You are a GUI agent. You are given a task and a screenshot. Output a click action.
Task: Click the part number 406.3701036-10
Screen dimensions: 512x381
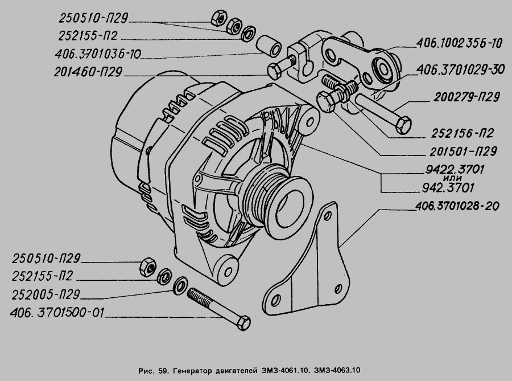coord(98,54)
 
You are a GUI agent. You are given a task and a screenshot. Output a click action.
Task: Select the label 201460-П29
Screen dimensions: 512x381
coord(88,72)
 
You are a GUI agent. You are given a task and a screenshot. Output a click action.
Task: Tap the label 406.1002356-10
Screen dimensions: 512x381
coord(459,43)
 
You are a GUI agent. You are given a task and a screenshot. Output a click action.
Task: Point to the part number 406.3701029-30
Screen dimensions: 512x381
coord(461,69)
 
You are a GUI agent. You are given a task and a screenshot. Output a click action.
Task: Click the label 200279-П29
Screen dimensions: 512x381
coord(466,97)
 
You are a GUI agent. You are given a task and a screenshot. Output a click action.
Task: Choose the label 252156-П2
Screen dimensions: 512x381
coord(462,133)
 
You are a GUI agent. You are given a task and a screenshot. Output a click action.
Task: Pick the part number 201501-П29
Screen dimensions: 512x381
coord(463,151)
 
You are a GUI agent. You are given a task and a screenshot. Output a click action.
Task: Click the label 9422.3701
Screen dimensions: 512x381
coord(455,170)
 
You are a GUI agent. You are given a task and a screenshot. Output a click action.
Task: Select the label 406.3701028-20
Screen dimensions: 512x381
coord(457,206)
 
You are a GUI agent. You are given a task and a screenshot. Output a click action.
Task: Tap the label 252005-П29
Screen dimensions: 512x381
coord(46,295)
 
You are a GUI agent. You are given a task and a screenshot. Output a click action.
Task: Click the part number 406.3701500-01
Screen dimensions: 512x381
coord(57,313)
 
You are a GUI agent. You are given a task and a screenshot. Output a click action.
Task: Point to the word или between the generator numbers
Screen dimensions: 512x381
coord(453,178)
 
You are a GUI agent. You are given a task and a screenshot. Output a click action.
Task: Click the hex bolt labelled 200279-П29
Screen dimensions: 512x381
coord(383,113)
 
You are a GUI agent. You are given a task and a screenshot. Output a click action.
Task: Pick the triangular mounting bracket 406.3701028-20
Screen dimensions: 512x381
coord(305,261)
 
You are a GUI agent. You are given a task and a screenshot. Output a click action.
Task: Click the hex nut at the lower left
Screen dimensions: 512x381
coord(147,267)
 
